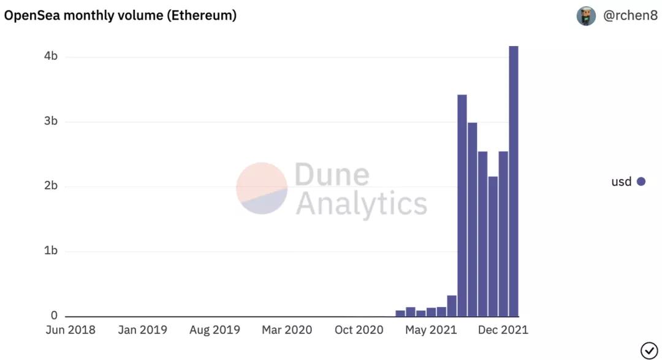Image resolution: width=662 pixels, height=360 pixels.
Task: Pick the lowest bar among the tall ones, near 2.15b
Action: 493,246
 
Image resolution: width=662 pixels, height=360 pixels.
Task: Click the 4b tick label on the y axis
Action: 51,56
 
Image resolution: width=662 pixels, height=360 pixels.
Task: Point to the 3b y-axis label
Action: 51,121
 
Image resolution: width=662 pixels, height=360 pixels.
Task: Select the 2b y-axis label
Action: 51,186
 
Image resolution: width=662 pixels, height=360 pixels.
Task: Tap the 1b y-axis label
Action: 51,251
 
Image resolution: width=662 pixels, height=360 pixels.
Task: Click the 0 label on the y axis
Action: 54,316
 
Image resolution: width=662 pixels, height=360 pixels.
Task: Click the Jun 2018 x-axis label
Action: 70,330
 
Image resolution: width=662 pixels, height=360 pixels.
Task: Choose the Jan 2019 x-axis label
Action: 142,330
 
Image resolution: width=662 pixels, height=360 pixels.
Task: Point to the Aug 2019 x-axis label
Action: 215,330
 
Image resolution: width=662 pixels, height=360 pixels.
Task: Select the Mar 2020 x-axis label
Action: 287,330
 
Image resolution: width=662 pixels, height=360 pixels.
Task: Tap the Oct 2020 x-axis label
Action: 359,330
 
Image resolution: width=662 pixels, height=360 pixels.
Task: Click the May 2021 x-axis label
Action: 431,330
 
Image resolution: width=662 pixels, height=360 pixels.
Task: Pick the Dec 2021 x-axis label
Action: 503,330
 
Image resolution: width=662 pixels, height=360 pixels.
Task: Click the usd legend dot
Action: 641,182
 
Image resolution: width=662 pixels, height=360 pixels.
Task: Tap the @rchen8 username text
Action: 631,16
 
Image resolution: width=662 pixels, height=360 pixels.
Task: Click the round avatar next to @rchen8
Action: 586,16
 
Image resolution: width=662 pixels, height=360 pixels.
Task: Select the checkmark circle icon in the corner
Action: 649,350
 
